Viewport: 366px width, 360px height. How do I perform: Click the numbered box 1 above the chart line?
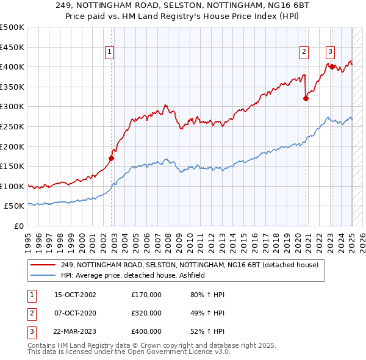(109, 52)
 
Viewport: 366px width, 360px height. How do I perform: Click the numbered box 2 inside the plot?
(304, 52)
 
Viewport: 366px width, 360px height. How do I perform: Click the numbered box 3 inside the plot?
(330, 52)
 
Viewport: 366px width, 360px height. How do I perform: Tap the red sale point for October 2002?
(111, 158)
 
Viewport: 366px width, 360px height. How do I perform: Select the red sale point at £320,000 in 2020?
(306, 98)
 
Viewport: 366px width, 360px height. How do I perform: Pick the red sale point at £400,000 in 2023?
(332, 67)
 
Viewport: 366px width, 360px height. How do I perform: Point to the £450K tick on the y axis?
(12, 47)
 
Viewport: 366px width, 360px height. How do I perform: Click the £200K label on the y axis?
(12, 146)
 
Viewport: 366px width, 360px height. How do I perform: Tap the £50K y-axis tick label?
(14, 206)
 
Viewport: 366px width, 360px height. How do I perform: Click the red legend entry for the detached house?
(189, 265)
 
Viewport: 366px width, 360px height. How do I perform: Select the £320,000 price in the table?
(146, 313)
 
